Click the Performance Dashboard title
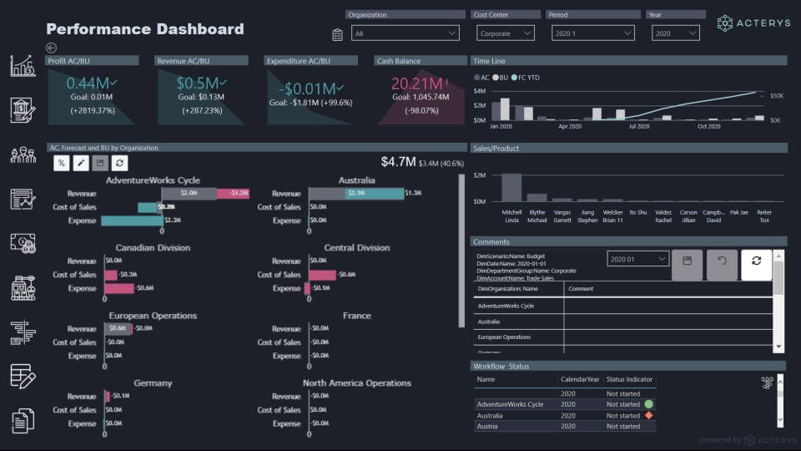[x=145, y=29]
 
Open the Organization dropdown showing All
[x=406, y=33]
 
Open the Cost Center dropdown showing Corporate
[x=506, y=33]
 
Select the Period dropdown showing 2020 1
[x=595, y=33]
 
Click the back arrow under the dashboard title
[x=52, y=48]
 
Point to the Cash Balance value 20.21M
[x=417, y=84]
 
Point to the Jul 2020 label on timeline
[x=638, y=127]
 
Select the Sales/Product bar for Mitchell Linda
[x=511, y=187]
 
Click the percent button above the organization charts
[x=61, y=164]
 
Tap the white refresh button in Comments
[x=756, y=261]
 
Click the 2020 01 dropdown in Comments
[x=638, y=260]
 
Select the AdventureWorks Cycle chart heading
[x=153, y=180]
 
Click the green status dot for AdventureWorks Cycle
[x=648, y=404]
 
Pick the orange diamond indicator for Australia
[x=648, y=415]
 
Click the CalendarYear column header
[x=580, y=380]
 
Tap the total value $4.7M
[x=398, y=162]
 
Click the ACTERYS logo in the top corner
[x=753, y=23]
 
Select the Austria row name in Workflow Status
[x=488, y=427]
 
